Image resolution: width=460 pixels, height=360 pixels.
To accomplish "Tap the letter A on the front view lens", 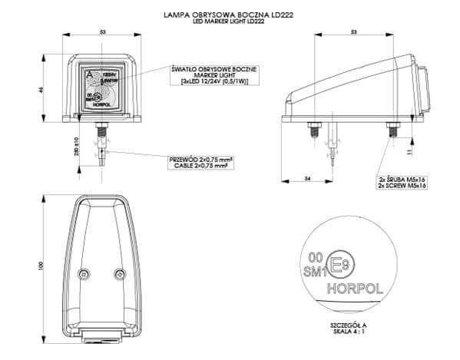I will tap(91, 73).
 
